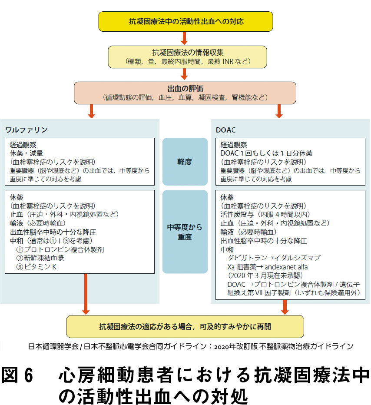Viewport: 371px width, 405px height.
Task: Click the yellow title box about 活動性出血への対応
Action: [185, 21]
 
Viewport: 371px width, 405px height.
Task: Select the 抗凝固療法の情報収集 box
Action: [187, 57]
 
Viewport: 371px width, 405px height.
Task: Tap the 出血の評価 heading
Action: [185, 89]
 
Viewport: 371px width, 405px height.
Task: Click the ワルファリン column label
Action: [26, 129]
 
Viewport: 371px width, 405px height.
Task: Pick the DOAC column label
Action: [225, 130]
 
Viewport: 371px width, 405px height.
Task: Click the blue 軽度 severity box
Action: [185, 162]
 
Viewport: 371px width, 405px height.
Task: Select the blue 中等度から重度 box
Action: [185, 232]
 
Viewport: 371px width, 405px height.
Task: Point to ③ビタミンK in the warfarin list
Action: [36, 267]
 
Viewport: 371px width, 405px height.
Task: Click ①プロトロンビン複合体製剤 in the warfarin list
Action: [60, 249]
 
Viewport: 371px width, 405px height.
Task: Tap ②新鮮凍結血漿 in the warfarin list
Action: [40, 258]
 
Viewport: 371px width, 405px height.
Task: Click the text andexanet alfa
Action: [286, 267]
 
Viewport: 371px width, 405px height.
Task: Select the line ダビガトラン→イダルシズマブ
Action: [274, 258]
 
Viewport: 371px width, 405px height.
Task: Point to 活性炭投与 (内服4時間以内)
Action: [265, 214]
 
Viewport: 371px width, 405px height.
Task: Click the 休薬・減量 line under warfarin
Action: [26, 153]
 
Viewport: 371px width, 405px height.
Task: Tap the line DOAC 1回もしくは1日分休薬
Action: [266, 153]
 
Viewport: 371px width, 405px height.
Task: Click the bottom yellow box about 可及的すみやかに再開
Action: [185, 326]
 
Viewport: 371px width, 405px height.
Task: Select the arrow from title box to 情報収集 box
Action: [184, 38]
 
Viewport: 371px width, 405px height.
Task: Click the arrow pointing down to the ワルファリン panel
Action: [91, 111]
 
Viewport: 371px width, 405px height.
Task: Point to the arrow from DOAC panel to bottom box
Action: [285, 307]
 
